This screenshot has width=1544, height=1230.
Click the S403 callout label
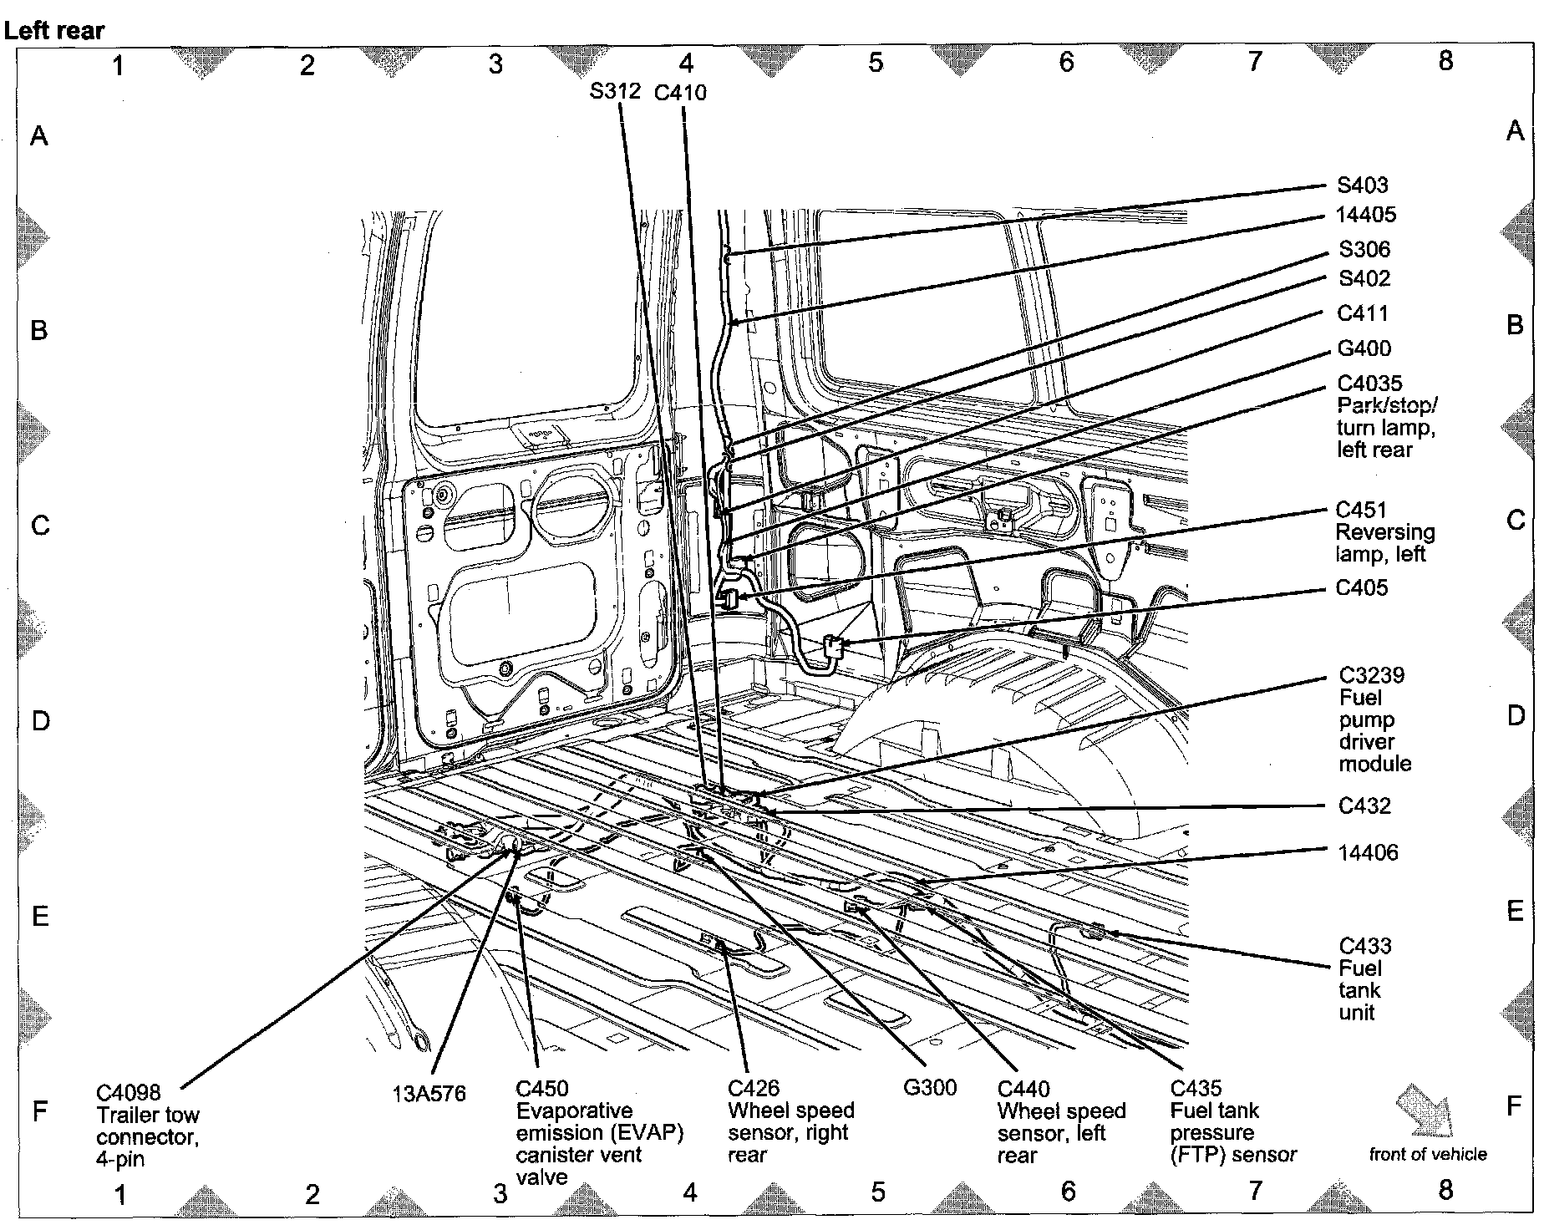click(x=1362, y=185)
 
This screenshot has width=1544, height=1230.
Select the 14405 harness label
click(x=1366, y=215)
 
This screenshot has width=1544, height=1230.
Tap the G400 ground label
click(x=1364, y=348)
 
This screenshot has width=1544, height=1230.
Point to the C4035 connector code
click(x=1369, y=384)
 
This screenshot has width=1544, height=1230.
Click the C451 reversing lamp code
click(x=1361, y=510)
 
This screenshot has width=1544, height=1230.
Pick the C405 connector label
click(x=1362, y=587)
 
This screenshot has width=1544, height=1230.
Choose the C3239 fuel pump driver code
click(x=1372, y=675)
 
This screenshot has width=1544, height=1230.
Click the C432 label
click(x=1364, y=806)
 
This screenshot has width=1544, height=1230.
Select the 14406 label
click(x=1368, y=852)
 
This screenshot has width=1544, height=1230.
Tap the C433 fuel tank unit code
click(x=1365, y=946)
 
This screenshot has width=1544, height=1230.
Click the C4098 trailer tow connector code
click(x=128, y=1092)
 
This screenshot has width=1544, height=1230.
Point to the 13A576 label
click(x=429, y=1093)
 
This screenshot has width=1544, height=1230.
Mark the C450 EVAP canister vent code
click(x=542, y=1089)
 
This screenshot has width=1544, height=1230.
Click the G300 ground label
click(x=930, y=1087)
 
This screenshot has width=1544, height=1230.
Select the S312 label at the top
click(x=615, y=90)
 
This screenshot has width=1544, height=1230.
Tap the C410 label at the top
click(x=680, y=92)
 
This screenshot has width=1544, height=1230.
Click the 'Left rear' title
click(x=54, y=31)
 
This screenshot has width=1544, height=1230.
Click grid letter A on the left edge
click(x=39, y=135)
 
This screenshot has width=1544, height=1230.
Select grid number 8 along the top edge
click(x=1446, y=60)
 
